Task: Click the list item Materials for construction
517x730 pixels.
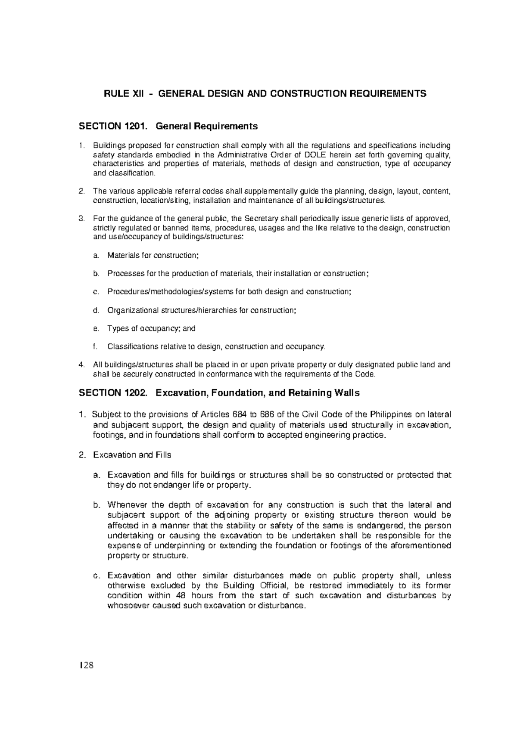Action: coord(153,255)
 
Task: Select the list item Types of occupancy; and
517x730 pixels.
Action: coord(151,328)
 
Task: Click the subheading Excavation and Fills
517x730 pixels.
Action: coord(132,455)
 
